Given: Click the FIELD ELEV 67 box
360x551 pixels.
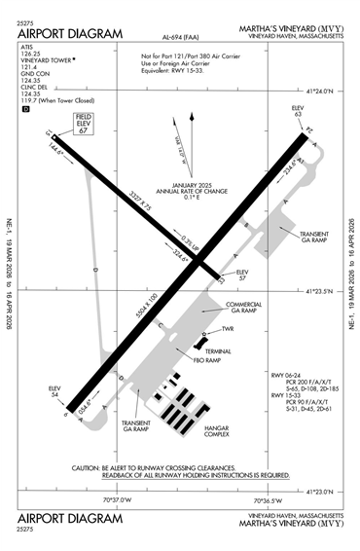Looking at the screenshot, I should (x=83, y=125).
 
